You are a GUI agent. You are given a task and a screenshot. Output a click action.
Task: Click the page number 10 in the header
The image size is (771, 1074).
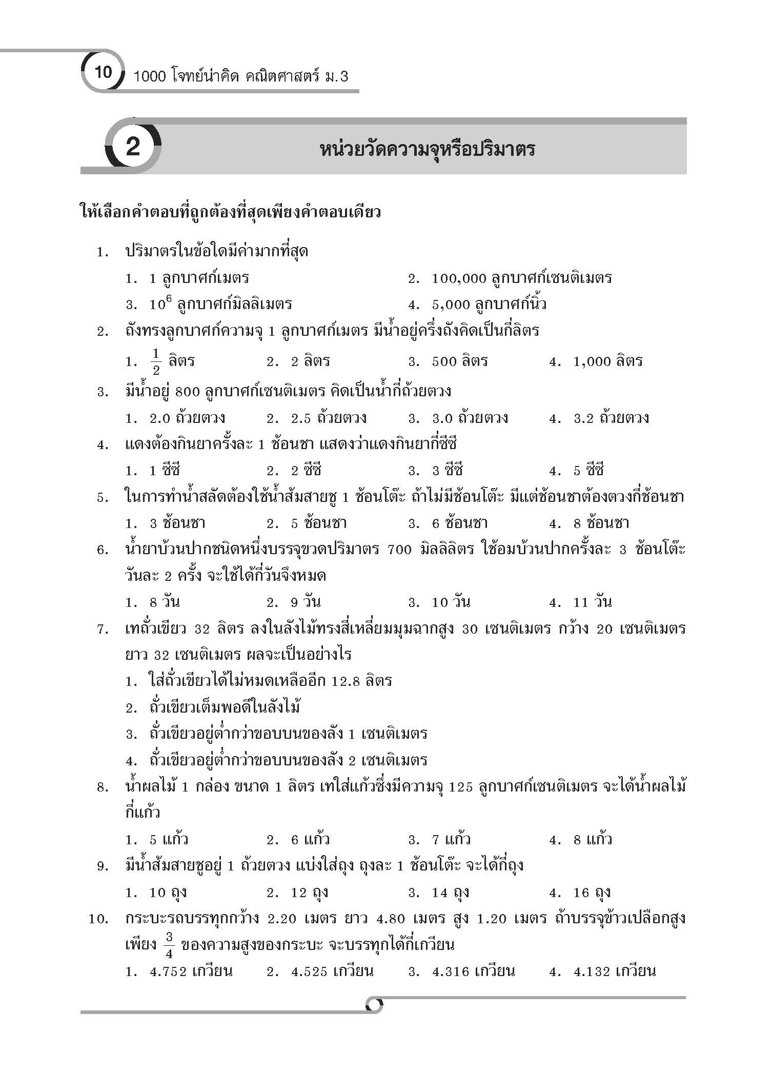[x=103, y=72]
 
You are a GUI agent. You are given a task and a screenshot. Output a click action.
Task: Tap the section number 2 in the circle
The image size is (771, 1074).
[x=133, y=148]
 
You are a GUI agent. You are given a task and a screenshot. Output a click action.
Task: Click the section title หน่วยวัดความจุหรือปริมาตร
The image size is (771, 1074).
[x=427, y=150]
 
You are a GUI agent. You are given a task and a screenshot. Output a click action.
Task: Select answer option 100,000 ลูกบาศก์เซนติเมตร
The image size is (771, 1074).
[x=521, y=278]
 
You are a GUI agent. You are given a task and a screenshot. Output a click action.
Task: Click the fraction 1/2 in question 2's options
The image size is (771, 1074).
[x=156, y=361]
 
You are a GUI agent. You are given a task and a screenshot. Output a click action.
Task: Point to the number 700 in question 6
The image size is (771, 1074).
[x=400, y=550]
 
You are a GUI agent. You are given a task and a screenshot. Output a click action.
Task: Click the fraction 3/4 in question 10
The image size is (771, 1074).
[x=170, y=945]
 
